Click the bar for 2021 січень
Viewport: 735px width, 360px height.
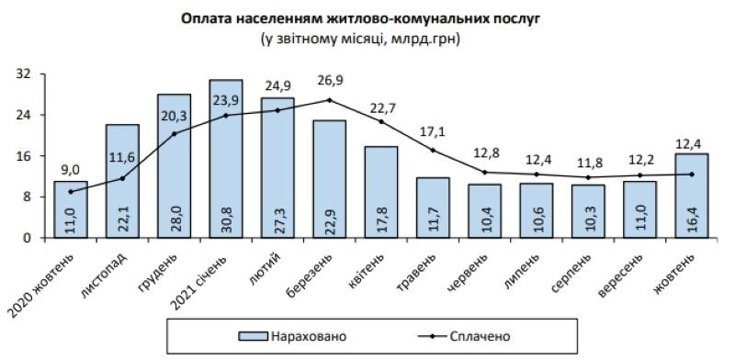click(x=226, y=159)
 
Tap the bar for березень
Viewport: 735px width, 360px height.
click(x=329, y=179)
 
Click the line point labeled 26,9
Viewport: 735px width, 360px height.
click(x=329, y=100)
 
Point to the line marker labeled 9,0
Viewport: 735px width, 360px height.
click(x=70, y=191)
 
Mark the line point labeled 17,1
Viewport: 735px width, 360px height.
click(x=433, y=150)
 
